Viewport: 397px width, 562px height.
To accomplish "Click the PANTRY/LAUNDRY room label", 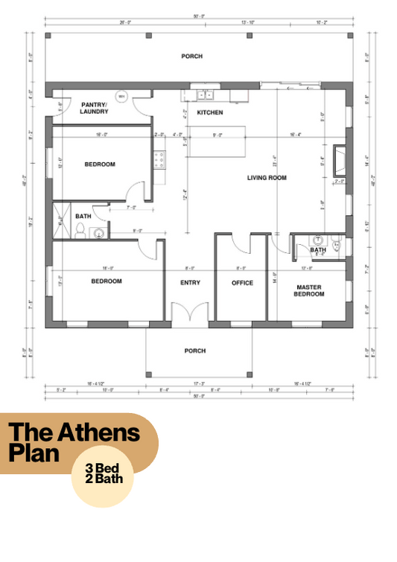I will [95, 108].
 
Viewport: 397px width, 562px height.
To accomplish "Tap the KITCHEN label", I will [209, 112].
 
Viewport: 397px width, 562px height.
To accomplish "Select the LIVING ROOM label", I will [267, 178].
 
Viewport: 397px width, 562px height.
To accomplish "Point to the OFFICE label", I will [242, 283].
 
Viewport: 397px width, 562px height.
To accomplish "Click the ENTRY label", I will [191, 283].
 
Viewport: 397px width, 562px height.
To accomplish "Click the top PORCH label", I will [191, 56].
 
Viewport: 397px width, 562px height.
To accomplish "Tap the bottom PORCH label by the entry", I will [194, 351].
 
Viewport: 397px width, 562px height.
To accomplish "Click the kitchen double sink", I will [205, 95].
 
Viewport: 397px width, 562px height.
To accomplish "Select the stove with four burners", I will [159, 158].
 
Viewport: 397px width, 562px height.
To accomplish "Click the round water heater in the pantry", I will [124, 96].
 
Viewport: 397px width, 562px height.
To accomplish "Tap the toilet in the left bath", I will [80, 229].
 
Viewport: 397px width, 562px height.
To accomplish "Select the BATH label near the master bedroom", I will [318, 250].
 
